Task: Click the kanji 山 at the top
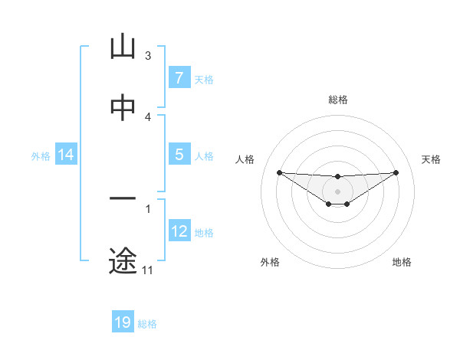[123, 47]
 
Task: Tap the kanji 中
[123, 108]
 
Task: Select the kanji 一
[123, 199]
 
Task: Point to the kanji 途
[123, 261]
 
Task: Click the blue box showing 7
[179, 77]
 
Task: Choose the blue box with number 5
[179, 155]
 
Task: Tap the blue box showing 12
[179, 231]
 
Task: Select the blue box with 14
[66, 155]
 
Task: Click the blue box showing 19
[123, 322]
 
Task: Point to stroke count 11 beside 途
[147, 270]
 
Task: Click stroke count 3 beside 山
[148, 56]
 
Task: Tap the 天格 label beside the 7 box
[203, 79]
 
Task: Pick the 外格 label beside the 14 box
[41, 156]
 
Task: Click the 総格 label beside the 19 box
[147, 324]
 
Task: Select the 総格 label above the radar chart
[338, 100]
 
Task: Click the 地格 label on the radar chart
[402, 262]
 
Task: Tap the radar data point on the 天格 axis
[396, 172]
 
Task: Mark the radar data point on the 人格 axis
[279, 172]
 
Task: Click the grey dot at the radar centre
[338, 191]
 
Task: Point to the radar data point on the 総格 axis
[338, 177]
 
